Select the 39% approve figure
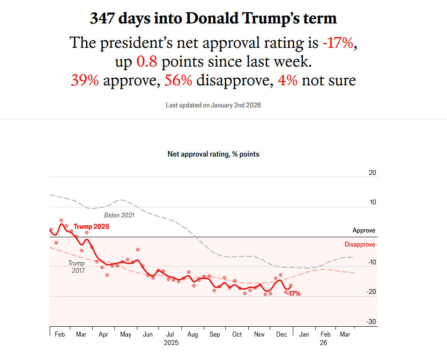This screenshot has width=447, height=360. coord(85,81)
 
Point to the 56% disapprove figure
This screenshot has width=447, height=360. coord(178,81)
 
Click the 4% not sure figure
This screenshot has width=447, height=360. coord(287,81)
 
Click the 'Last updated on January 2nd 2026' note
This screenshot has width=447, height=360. coord(213,105)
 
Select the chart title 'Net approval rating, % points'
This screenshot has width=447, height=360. coord(213,154)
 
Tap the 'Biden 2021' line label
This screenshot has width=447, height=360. coord(119,215)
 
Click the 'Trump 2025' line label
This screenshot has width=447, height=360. coord(91,226)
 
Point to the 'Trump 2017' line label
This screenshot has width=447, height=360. coord(76,267)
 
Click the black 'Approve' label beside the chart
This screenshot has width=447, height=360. coord(364,231)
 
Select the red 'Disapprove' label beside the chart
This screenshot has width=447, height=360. coord(360,244)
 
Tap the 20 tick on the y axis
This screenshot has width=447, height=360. coord(372,172)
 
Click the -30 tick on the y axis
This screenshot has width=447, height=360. coord(371,322)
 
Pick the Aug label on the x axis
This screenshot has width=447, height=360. coord(192,335)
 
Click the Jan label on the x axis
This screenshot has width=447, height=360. coord(304,335)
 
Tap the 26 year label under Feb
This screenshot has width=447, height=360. coord(323,343)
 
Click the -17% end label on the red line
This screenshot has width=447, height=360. coord(294,294)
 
